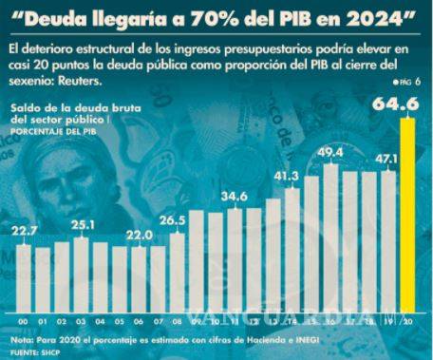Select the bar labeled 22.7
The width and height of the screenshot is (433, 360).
pos(26,276)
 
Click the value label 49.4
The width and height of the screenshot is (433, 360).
pos(331,151)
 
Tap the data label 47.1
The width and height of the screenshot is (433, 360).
pos(388,160)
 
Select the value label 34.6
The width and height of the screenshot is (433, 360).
pos(235,196)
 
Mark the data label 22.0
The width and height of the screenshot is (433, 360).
pos(140,234)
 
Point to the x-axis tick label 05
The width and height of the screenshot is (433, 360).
pos(121,320)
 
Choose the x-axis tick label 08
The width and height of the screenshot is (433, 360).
pos(178,320)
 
